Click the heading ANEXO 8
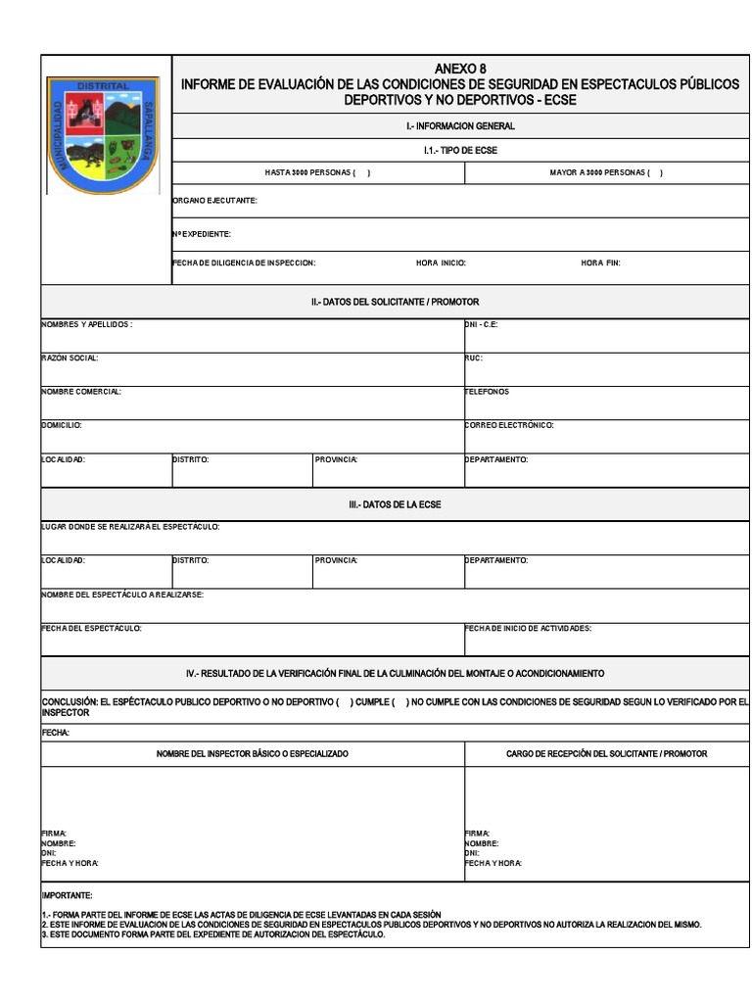[460, 69]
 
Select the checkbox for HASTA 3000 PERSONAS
[361, 172]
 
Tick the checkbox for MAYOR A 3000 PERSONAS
[655, 172]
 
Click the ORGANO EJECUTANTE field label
[214, 200]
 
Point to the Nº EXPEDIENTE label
[202, 234]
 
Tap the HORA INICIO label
[441, 263]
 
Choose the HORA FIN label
[600, 263]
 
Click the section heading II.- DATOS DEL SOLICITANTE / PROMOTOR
[395, 302]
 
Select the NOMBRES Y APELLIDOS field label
[86, 324]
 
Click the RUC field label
[474, 358]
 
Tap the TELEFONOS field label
[488, 392]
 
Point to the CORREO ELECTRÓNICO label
[509, 425]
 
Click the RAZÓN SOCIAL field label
[70, 358]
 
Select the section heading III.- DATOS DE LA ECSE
[395, 503]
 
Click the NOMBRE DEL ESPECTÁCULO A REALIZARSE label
[122, 595]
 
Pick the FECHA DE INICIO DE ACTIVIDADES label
[528, 628]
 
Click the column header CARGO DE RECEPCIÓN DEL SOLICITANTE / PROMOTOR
[606, 753]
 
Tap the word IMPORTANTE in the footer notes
[67, 895]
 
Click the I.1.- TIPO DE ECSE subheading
[460, 150]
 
